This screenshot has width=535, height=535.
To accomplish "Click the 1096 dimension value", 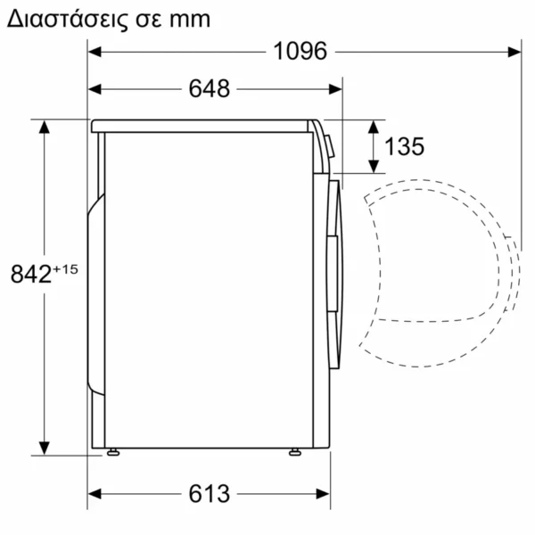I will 300,52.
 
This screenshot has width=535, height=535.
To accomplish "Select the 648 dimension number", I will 210,88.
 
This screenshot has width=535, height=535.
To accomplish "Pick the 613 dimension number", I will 209,493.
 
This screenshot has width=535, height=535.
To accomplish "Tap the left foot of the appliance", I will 112,452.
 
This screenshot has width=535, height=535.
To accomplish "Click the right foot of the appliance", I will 293,452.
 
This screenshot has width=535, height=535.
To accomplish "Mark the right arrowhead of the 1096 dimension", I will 514,52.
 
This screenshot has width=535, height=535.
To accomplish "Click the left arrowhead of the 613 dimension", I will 95,493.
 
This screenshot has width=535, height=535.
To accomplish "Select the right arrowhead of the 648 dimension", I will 336,88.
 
